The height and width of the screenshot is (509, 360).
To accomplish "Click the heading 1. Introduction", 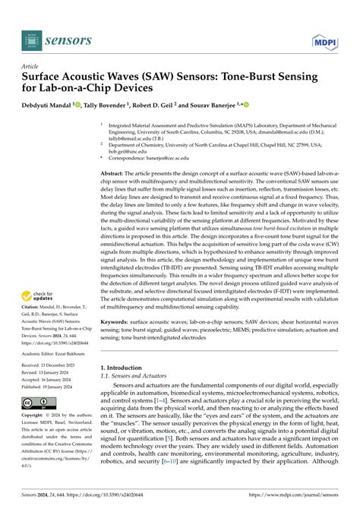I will click(125, 389).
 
